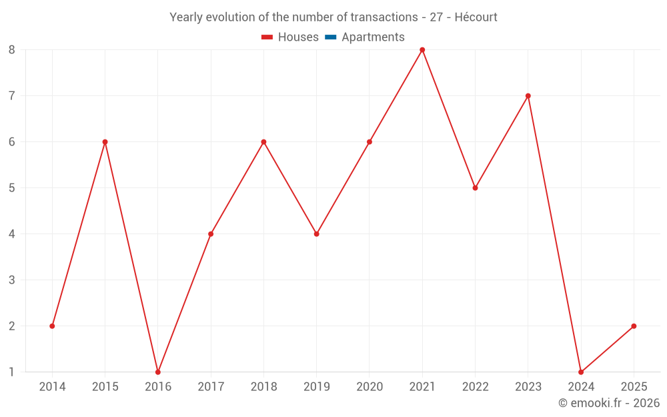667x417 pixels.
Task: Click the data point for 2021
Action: pos(422,50)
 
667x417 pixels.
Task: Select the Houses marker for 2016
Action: pos(158,372)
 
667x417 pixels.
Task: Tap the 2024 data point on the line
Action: pos(581,372)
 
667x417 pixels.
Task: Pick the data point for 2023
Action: pos(528,96)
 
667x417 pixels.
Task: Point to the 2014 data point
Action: pos(52,326)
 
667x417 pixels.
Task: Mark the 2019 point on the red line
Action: pos(317,234)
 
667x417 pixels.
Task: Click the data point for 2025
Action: pos(634,326)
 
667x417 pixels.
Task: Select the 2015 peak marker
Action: pos(105,142)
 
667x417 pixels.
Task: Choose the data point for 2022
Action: pos(475,188)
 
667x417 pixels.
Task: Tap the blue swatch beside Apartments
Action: pos(330,37)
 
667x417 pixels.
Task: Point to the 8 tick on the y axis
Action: pos(12,50)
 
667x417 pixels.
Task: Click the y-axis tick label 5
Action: pos(12,188)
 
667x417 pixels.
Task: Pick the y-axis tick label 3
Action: pos(12,280)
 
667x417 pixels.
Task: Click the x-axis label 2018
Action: pos(263,387)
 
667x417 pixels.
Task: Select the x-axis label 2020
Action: pos(370,387)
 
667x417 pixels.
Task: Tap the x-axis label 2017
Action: pos(211,387)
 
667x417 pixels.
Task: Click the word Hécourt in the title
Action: pos(476,17)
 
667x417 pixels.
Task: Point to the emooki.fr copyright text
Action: pos(609,403)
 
